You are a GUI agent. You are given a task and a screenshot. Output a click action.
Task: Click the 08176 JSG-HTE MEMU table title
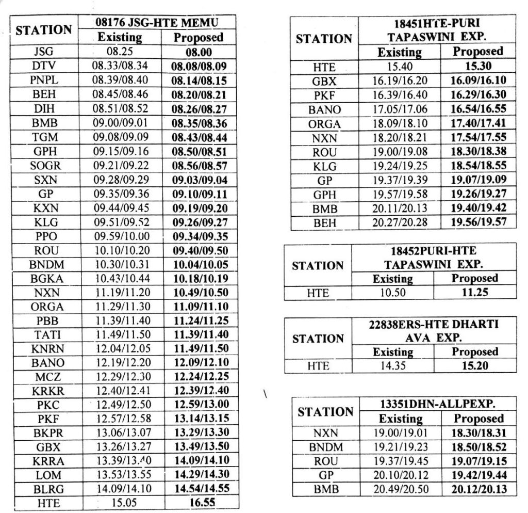pos(157,23)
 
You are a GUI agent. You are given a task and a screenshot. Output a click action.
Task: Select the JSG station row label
pos(43,52)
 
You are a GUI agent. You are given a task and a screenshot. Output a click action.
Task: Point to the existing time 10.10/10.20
pos(120,251)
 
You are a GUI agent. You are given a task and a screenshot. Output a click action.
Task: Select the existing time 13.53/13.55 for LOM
pos(120,474)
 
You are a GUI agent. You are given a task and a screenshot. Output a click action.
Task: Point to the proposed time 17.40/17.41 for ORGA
pos(478,123)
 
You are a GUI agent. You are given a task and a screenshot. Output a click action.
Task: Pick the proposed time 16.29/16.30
pos(478,95)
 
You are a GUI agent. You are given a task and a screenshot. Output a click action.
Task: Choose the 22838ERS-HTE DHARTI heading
pos(434,324)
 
